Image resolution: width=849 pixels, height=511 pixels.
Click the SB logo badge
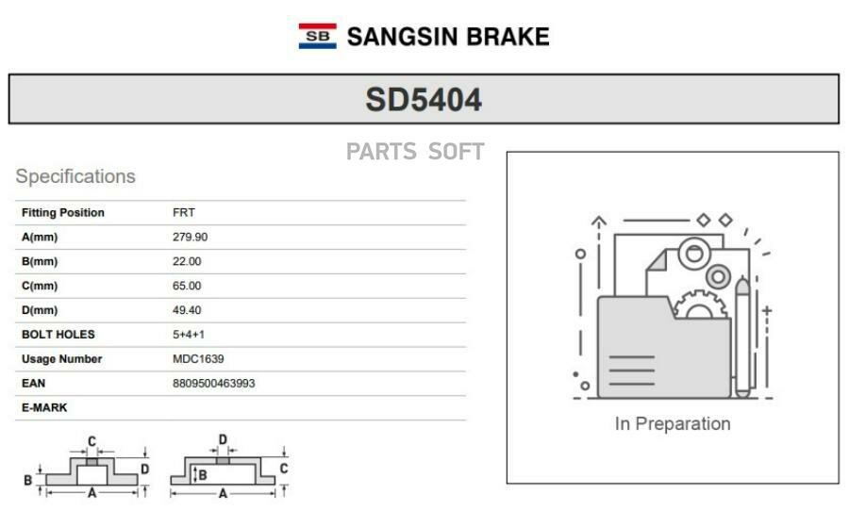pyautogui.click(x=317, y=36)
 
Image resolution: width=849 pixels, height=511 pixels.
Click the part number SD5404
pyautogui.click(x=424, y=100)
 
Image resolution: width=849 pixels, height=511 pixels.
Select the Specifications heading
pyautogui.click(x=75, y=176)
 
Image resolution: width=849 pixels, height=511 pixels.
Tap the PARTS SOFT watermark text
pyautogui.click(x=415, y=152)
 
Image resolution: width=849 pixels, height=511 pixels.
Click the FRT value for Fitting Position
pyautogui.click(x=184, y=213)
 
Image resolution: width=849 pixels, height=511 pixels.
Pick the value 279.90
pyautogui.click(x=190, y=237)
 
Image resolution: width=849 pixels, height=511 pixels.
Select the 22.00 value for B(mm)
pyautogui.click(x=187, y=261)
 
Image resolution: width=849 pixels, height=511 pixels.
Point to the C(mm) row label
pyautogui.click(x=40, y=286)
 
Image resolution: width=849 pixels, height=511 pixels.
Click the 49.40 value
pyautogui.click(x=187, y=310)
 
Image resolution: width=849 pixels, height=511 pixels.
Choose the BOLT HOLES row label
pyautogui.click(x=58, y=335)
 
